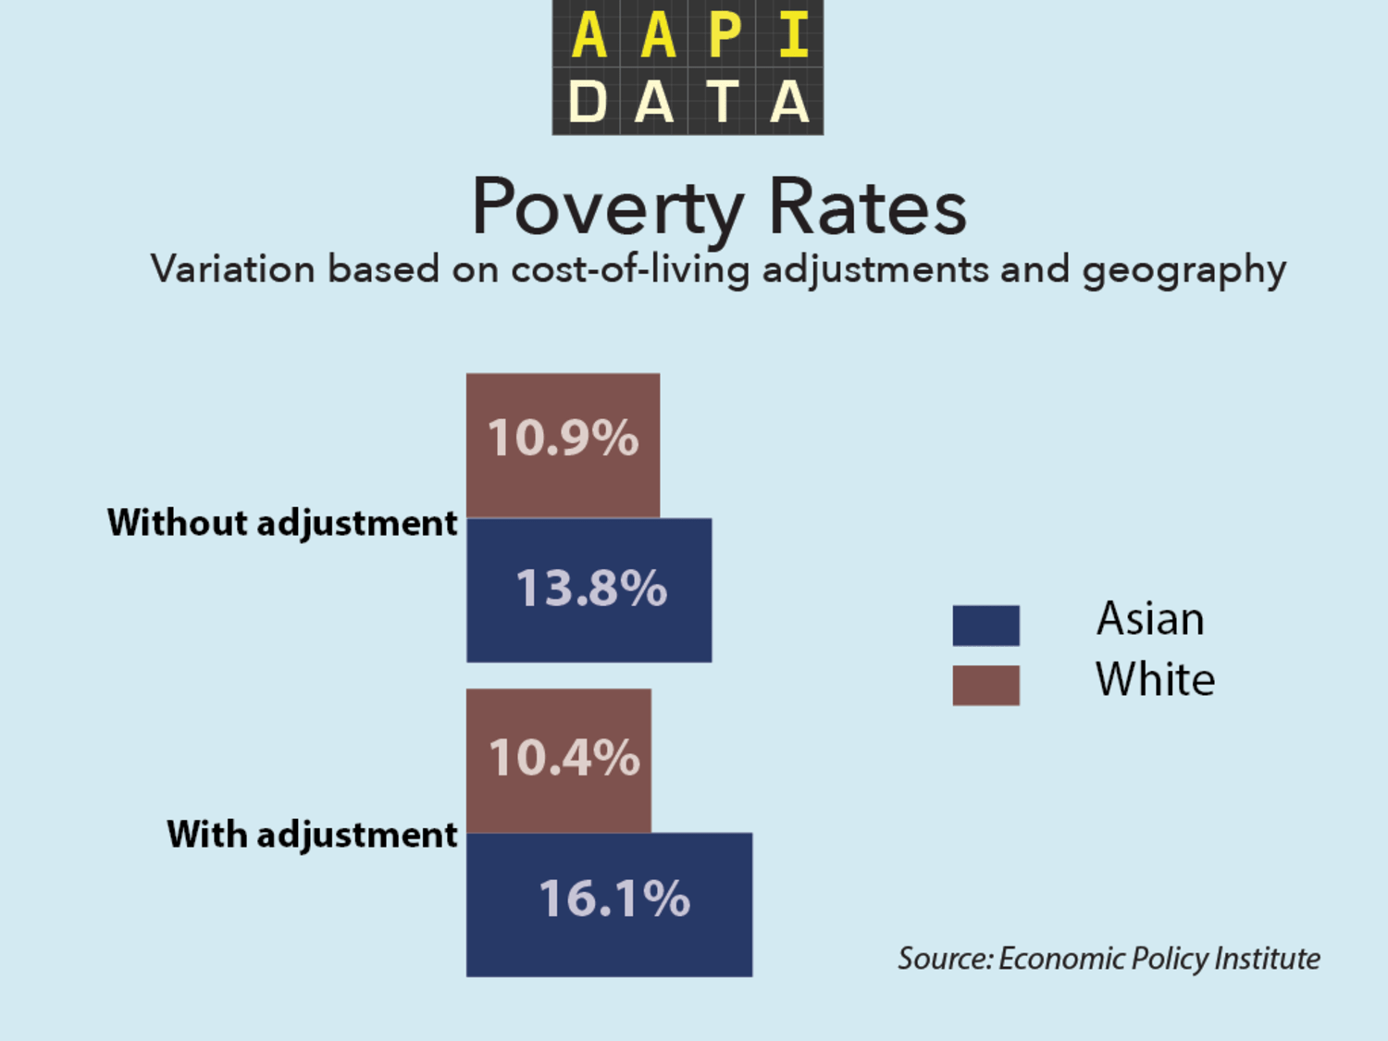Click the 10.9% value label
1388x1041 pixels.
click(563, 438)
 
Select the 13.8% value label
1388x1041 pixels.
click(591, 589)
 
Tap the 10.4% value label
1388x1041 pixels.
click(564, 758)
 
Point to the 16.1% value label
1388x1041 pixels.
click(614, 898)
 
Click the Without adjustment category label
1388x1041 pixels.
click(282, 523)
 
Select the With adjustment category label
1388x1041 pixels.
click(312, 835)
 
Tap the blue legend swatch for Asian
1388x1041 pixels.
click(985, 626)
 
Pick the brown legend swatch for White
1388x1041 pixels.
click(985, 685)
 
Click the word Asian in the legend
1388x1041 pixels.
click(1150, 618)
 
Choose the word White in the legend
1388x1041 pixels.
click(1155, 679)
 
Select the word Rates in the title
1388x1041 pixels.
click(867, 207)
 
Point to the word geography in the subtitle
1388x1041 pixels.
click(1184, 270)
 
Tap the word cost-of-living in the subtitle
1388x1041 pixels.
click(630, 269)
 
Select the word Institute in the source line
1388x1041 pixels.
click(1267, 959)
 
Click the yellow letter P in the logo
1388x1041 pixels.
click(725, 35)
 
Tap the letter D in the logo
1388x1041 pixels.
click(588, 101)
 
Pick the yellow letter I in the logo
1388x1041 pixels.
click(793, 35)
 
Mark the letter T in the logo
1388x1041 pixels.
click(723, 101)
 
